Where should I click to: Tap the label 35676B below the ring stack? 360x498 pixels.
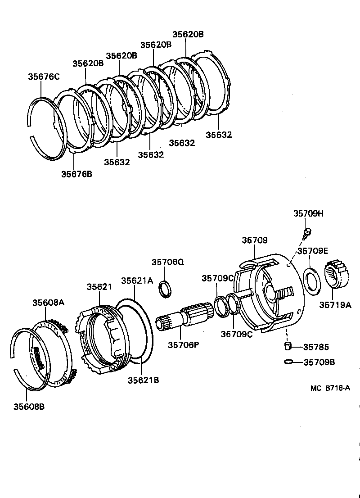pos(76,174)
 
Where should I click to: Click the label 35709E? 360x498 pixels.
pos(312,251)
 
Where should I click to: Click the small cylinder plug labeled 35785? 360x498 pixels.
pos(288,346)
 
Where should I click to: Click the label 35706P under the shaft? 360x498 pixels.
pos(184,345)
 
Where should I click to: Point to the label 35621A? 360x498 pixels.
pos(137,280)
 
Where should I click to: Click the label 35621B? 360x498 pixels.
pos(143,380)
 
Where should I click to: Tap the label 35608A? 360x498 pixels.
pos(48,302)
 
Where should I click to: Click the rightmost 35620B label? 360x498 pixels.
pos(188,34)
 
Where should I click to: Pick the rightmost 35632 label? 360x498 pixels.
pos(219,135)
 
